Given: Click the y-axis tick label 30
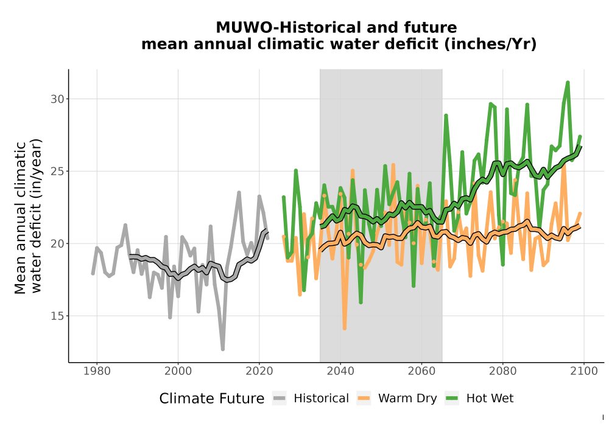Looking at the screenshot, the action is coord(57,99).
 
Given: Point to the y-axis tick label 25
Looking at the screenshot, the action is coord(57,171).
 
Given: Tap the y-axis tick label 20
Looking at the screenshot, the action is coord(57,243).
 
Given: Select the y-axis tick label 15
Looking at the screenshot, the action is coord(57,316).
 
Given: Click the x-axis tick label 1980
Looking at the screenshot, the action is coord(97,371).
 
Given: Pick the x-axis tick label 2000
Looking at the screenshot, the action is coord(178,371).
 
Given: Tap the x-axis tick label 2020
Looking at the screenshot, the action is coord(259,371).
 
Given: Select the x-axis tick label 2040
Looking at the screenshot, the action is coord(340,371).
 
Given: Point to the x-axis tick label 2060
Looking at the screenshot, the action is coord(421,371).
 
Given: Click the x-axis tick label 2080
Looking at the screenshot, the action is coord(502,371).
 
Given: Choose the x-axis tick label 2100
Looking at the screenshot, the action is coord(584,371).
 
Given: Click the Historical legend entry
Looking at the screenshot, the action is coord(311,399).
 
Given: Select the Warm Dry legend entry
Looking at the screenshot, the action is coord(396,399).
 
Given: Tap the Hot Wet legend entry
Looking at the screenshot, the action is coord(479,399).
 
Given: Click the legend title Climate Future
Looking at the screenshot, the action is coord(212,399).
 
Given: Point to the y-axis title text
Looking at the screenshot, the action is coord(28,217).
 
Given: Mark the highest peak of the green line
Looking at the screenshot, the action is coord(568,82).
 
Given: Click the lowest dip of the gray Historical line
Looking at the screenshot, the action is coord(222,349).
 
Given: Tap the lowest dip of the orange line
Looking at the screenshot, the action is coord(345,328).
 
